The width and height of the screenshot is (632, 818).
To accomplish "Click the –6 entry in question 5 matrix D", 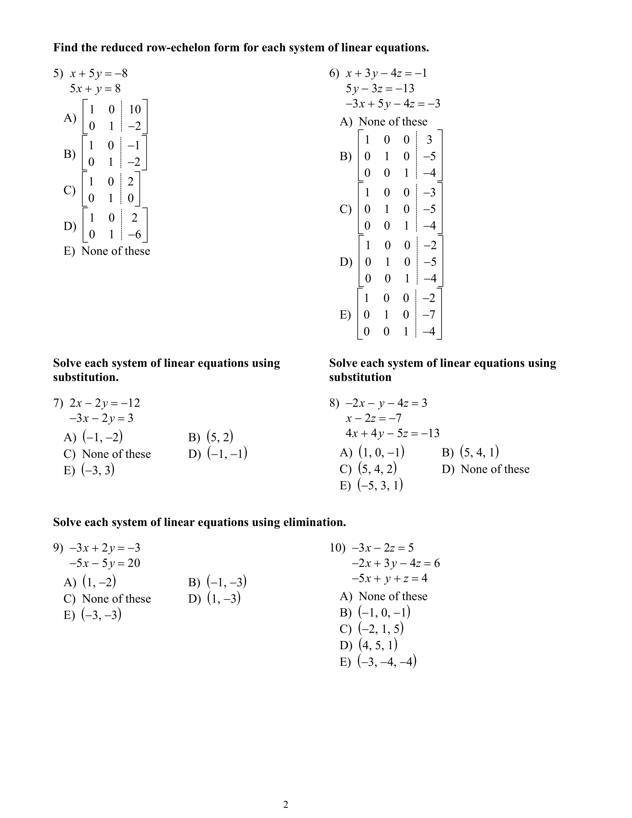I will tap(134, 234).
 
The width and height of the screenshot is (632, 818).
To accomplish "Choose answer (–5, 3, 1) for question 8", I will tap(380, 485).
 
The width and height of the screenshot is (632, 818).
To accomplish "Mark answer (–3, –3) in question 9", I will tap(101, 615).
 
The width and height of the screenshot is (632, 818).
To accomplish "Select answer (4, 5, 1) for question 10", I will tap(378, 645).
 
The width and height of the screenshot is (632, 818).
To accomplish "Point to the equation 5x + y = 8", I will tap(95, 89).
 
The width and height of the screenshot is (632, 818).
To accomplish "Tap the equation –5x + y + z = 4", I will tap(389, 578).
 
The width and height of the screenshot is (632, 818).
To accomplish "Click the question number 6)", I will tap(334, 73).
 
